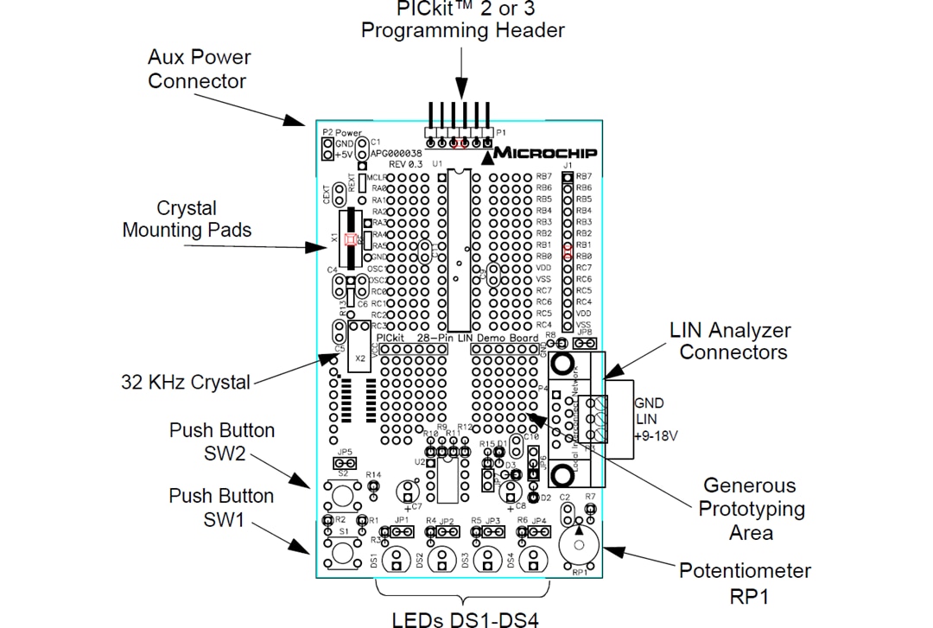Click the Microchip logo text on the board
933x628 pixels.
pyautogui.click(x=544, y=153)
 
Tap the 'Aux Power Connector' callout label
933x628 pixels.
pyautogui.click(x=199, y=69)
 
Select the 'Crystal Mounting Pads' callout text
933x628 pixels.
pyautogui.click(x=187, y=219)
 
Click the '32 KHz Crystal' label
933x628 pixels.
pyautogui.click(x=186, y=382)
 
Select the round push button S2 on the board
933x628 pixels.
pyautogui.click(x=343, y=495)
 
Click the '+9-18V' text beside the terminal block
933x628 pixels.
pyautogui.click(x=656, y=436)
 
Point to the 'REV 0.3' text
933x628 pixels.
pyautogui.click(x=405, y=164)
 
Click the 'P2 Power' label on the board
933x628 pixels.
pyautogui.click(x=342, y=133)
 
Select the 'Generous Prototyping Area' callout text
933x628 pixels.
pyautogui.click(x=751, y=509)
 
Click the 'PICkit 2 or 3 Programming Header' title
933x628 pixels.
pyautogui.click(x=462, y=19)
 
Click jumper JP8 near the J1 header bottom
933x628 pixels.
pyautogui.click(x=584, y=343)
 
